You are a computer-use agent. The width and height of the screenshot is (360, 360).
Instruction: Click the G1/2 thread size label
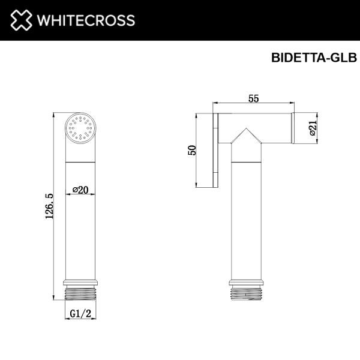(x=80, y=313)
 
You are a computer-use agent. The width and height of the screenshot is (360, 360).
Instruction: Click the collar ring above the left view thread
(x=80, y=281)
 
